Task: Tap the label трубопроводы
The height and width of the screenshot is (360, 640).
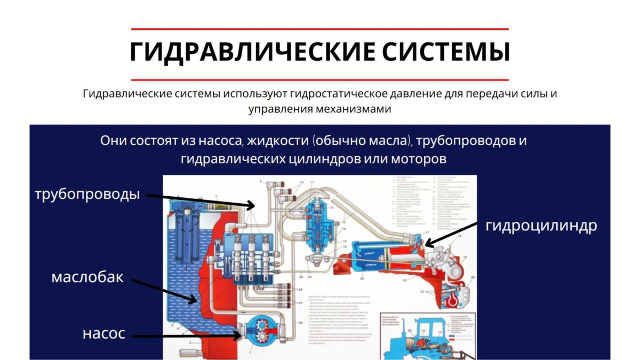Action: click(x=87, y=194)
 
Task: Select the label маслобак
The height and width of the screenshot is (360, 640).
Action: click(x=87, y=277)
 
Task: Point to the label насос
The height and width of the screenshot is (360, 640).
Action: click(x=104, y=334)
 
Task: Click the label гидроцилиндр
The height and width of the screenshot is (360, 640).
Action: click(x=541, y=226)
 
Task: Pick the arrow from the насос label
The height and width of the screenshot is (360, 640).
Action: click(x=187, y=335)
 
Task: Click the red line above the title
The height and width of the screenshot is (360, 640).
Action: click(x=319, y=29)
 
